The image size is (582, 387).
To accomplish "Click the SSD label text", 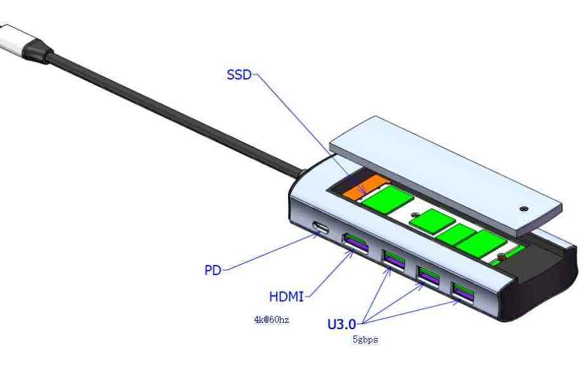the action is tap(239, 75).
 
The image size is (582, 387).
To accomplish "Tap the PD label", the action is tap(213, 270).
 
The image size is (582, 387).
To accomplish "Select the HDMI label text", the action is tap(286, 297).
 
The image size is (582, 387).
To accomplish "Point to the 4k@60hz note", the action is tap(272, 320).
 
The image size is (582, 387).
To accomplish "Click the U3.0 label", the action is tap(341, 324).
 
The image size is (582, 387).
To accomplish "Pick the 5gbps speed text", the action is tap(366, 339).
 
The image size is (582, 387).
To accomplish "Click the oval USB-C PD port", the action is tap(321, 227).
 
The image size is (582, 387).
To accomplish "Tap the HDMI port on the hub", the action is tap(356, 243).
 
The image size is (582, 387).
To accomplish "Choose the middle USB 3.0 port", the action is tap(429, 276).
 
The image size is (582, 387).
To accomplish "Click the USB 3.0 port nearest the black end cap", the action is tap(463, 292).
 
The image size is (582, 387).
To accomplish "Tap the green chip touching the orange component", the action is tap(388, 200).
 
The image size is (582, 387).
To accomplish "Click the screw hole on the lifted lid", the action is tap(524, 209).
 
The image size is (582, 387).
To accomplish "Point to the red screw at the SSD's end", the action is tap(501, 256).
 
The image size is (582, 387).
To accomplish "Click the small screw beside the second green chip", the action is tap(414, 215).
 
